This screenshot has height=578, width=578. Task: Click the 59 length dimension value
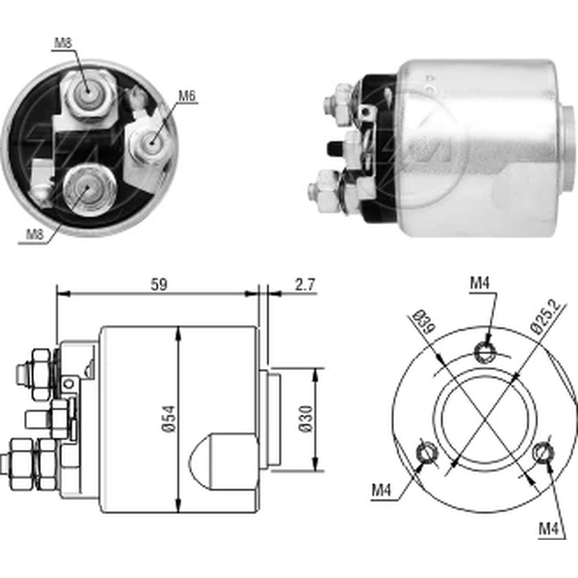pos(157,285)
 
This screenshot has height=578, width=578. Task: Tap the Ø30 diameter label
pos(306,419)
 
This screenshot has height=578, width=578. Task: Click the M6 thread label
pos(185,96)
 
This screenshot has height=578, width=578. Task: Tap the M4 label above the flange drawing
pos(479,283)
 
